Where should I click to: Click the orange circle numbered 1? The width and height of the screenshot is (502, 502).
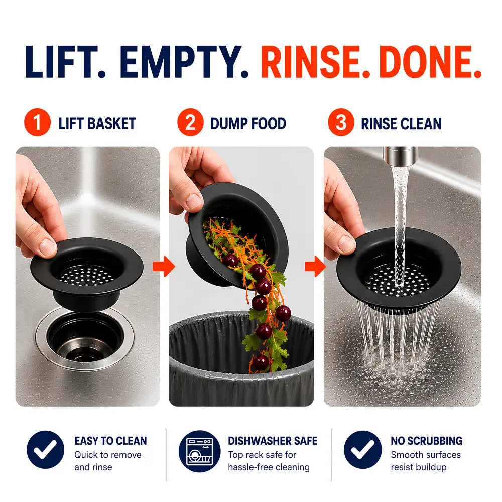38,122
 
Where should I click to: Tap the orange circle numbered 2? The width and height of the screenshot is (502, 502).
190,122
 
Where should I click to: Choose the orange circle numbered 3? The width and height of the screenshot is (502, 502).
341,122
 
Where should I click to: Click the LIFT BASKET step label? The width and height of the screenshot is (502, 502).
97,123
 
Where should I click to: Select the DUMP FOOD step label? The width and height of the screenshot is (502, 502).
248,123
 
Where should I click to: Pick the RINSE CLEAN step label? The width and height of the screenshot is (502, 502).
401,123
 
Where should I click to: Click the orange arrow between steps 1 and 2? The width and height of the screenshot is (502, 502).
164,266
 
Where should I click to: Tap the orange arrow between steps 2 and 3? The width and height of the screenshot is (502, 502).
315,266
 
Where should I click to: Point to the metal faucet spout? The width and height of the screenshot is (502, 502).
400,156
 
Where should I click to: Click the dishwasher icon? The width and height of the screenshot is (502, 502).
199,451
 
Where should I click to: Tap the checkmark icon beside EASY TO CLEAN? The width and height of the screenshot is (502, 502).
46,450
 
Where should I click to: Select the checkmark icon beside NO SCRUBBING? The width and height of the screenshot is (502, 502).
363,450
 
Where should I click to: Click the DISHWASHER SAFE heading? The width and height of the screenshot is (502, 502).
273,441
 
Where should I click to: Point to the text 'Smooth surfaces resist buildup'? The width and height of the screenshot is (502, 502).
426,461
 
